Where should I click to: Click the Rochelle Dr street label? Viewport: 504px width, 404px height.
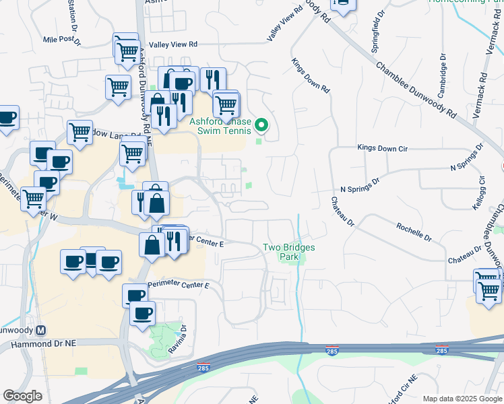click(414, 232)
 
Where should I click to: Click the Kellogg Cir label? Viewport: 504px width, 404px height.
click(482, 192)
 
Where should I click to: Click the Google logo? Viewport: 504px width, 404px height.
click(22, 396)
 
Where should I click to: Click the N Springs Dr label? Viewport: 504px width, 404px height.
click(360, 181)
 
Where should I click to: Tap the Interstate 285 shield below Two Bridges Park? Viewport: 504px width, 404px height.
click(332, 351)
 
